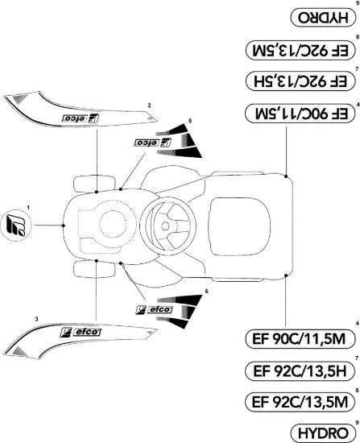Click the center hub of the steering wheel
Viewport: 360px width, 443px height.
(x=165, y=226)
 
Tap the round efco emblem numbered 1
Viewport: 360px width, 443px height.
(x=16, y=226)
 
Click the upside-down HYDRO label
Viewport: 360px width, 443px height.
(x=323, y=18)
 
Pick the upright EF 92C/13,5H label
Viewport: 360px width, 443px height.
(x=300, y=371)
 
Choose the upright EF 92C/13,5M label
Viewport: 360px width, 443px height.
(x=300, y=402)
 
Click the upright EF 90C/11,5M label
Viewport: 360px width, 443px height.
(x=300, y=338)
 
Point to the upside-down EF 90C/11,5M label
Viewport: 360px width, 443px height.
(x=300, y=114)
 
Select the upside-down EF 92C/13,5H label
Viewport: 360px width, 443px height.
(x=300, y=81)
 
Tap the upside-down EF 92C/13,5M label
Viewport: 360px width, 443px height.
(x=300, y=50)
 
